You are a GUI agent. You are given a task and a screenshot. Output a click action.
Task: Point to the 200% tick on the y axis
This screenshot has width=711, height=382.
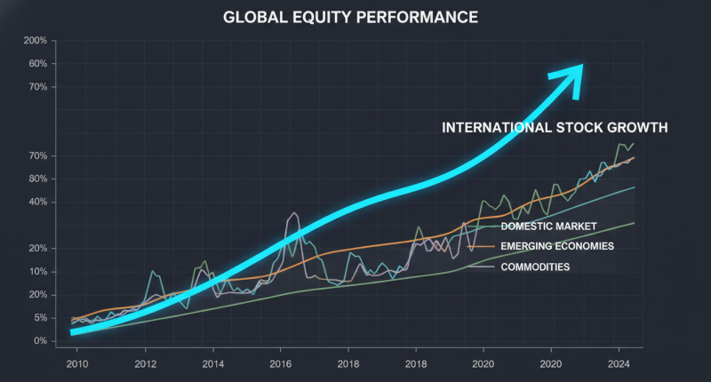[x=35, y=41]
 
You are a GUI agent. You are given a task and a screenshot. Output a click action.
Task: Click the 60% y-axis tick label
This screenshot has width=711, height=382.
[x=36, y=64]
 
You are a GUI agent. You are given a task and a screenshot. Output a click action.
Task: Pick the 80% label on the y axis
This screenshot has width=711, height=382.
[x=36, y=179]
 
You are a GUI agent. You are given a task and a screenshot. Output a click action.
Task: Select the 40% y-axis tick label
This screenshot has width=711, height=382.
[x=36, y=202]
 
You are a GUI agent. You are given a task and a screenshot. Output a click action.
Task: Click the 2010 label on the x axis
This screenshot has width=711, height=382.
[x=78, y=363]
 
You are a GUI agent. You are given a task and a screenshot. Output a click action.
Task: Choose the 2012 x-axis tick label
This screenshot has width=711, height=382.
[x=146, y=363]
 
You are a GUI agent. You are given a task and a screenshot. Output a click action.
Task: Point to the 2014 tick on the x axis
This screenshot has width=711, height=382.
[x=213, y=363]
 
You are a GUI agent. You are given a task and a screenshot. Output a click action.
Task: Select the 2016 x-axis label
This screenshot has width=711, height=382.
[x=281, y=363]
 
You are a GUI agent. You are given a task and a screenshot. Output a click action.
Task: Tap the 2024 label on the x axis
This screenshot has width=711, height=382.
[x=619, y=363]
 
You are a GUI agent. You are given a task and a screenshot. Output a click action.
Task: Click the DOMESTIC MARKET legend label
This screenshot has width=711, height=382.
[x=548, y=226]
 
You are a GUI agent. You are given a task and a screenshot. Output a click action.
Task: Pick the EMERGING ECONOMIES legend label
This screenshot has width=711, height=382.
[x=557, y=246]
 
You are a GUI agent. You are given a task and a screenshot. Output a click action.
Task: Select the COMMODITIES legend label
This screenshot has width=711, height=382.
[x=535, y=267]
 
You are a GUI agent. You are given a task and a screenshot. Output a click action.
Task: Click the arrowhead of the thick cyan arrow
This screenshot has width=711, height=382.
[x=570, y=75]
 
